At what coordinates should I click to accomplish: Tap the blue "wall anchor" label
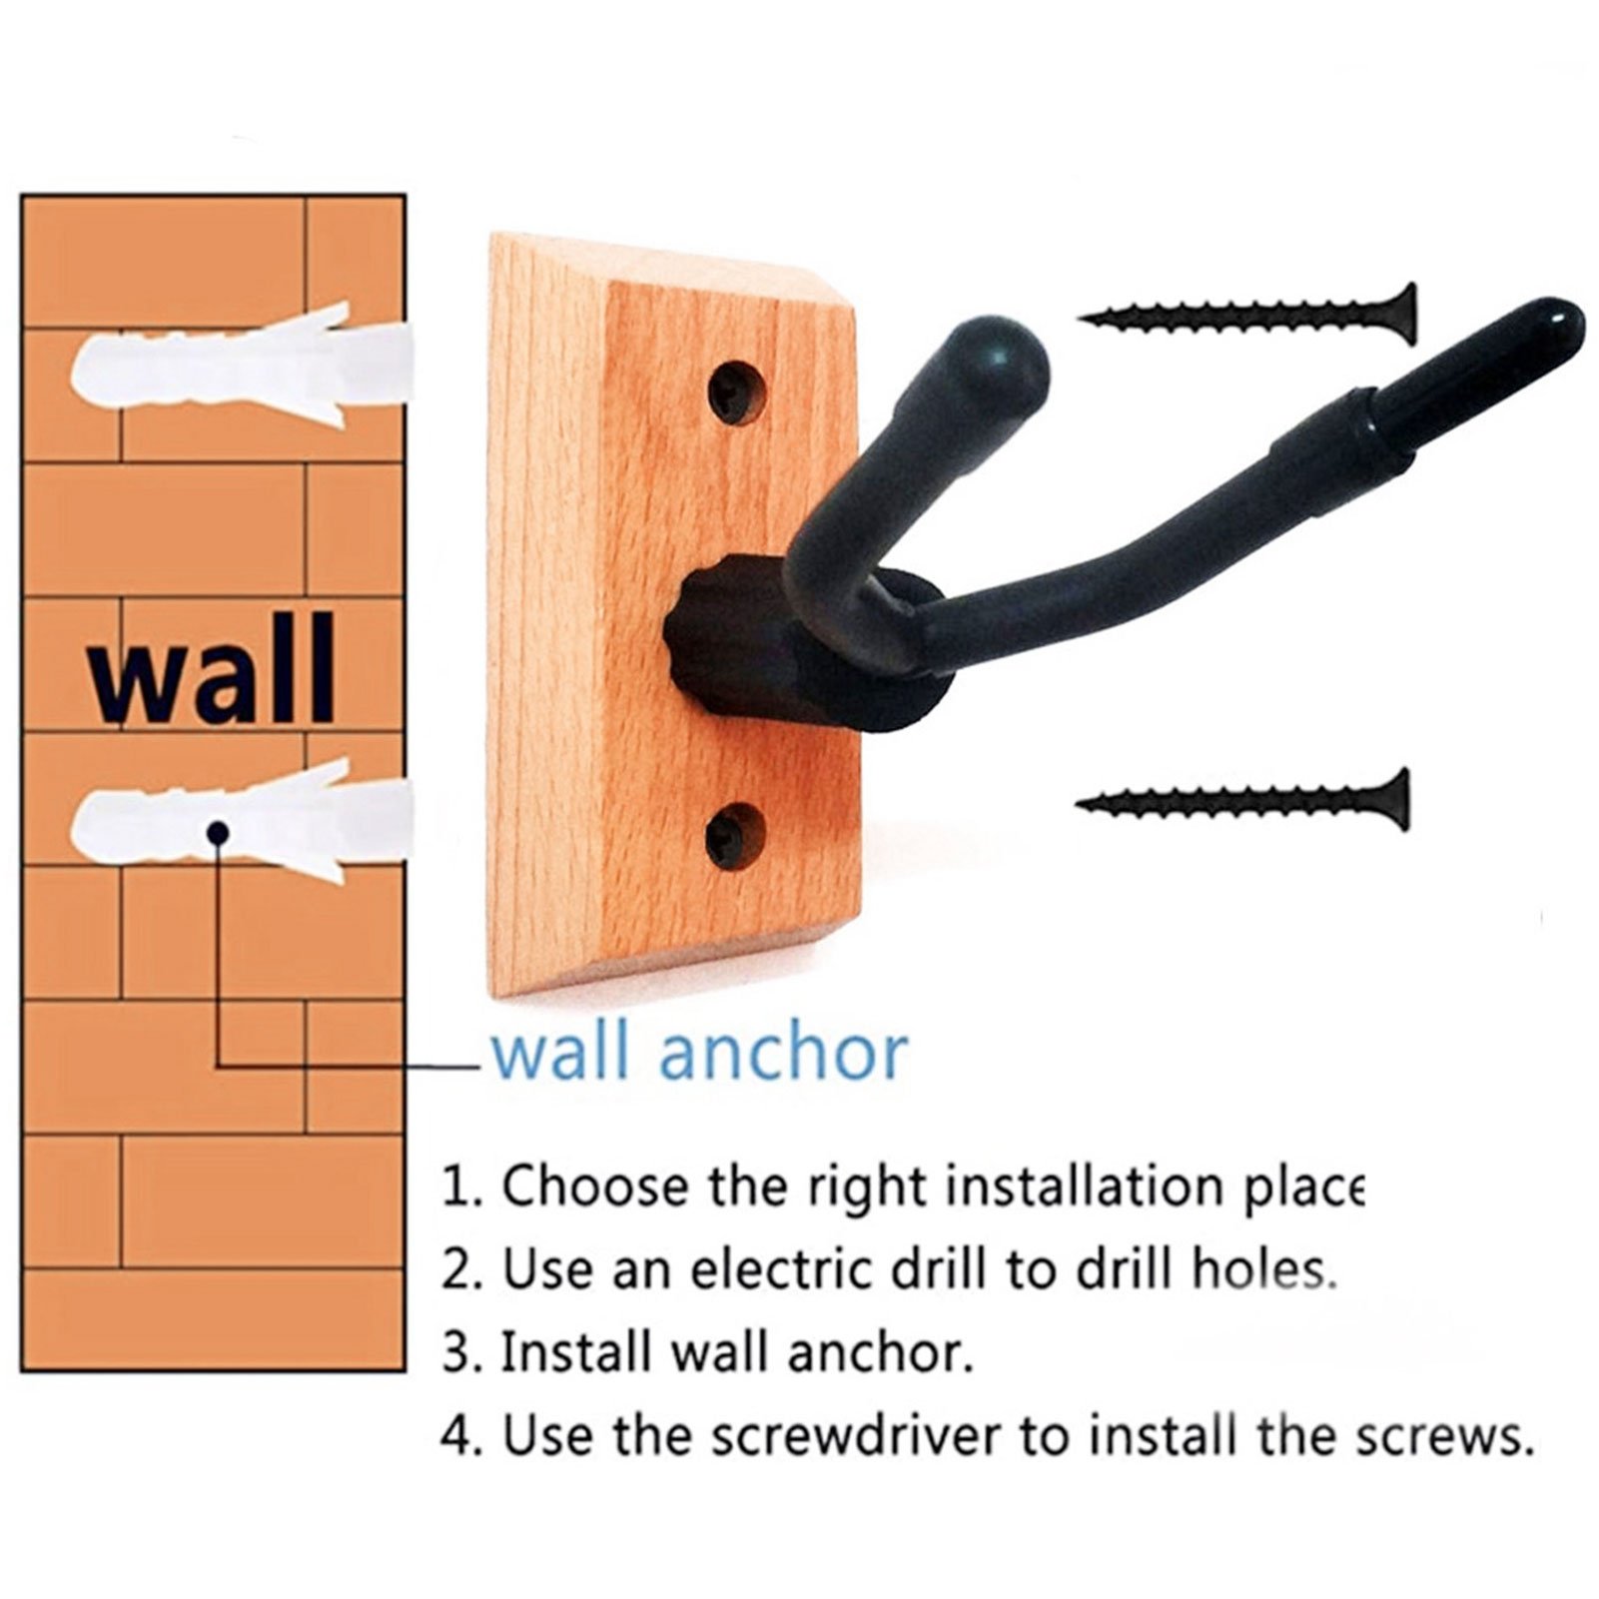699,1052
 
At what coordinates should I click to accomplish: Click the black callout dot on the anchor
218,831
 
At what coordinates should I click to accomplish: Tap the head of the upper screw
1403,315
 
